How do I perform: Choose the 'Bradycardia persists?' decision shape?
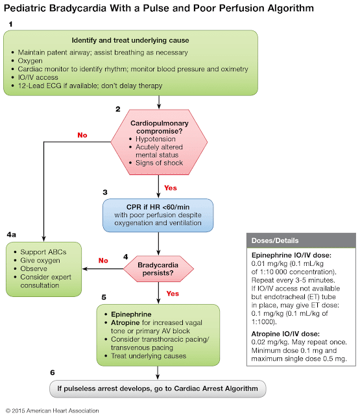(x=158, y=267)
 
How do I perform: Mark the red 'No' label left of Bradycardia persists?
(x=102, y=261)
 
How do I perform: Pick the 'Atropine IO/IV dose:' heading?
(x=284, y=333)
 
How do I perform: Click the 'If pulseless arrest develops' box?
(x=158, y=388)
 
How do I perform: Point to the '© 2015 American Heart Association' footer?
(x=53, y=410)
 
